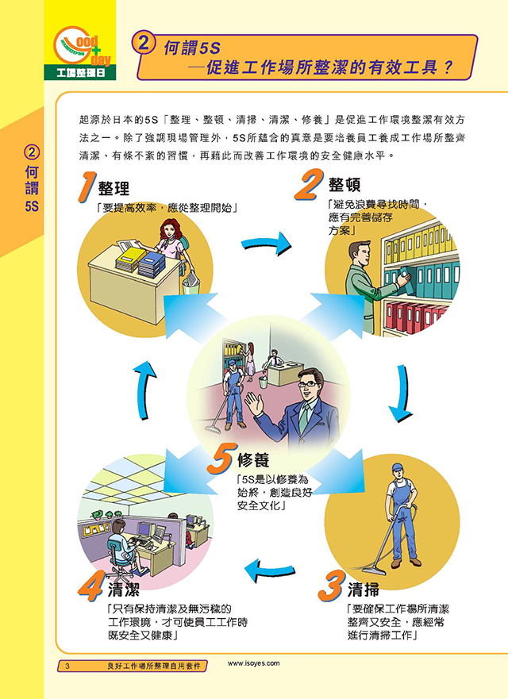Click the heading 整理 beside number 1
pyautogui.click(x=114, y=189)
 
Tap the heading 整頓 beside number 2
pyautogui.click(x=344, y=185)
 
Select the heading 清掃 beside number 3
pyautogui.click(x=363, y=590)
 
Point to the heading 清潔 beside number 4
pyautogui.click(x=124, y=590)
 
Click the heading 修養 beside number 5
pyautogui.click(x=253, y=460)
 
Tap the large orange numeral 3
pyautogui.click(x=331, y=586)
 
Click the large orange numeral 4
pyautogui.click(x=92, y=586)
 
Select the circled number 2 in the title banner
pyautogui.click(x=144, y=45)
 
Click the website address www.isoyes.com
pyautogui.click(x=253, y=663)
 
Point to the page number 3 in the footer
pyautogui.click(x=67, y=666)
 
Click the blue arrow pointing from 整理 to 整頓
pyautogui.click(x=266, y=244)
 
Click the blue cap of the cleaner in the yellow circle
pyautogui.click(x=397, y=467)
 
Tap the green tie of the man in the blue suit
pyautogui.click(x=303, y=417)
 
